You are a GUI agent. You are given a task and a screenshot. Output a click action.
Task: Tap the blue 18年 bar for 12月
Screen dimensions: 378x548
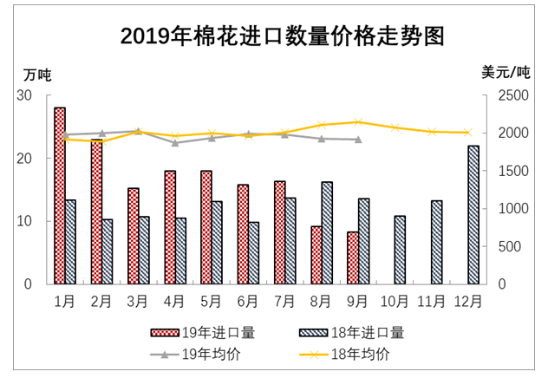tap(474, 215)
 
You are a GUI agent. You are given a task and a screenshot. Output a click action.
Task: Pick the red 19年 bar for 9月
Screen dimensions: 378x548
tap(352, 257)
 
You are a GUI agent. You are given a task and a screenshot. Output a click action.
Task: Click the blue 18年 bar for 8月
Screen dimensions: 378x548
tap(327, 232)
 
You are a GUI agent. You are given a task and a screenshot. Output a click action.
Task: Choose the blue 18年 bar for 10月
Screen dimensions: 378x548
tap(400, 250)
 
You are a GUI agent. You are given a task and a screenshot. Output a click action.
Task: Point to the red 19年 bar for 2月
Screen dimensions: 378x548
tap(96, 211)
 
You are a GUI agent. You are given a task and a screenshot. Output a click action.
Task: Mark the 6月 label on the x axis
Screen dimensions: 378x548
tap(247, 301)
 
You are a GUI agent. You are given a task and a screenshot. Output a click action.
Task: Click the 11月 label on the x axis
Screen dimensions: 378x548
tap(432, 301)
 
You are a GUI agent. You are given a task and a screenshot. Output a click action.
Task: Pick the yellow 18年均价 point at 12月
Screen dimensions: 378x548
tap(468, 133)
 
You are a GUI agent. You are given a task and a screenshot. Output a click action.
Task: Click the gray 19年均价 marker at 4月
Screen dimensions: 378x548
tap(174, 143)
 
